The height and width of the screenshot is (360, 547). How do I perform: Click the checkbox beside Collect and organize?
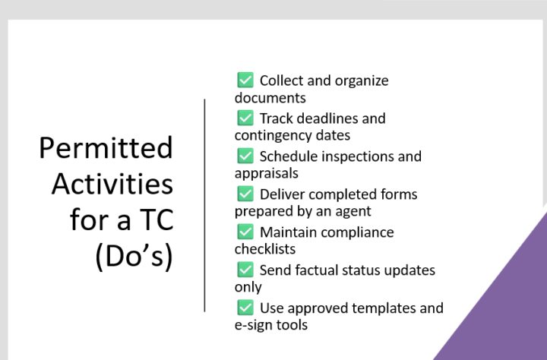(245, 80)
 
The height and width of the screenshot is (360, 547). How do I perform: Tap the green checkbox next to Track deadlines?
(245, 118)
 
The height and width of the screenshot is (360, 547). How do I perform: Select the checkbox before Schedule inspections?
(245, 156)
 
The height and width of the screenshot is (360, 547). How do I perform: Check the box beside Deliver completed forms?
(245, 194)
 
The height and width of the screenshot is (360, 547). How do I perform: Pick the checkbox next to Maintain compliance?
(245, 232)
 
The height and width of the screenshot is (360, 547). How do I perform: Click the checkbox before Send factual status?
(245, 270)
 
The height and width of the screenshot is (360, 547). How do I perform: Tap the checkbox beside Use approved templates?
(245, 308)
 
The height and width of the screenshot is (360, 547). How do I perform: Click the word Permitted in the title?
(106, 148)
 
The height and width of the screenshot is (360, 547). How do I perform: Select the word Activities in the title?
(112, 184)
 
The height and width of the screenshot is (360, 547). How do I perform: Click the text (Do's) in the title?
(134, 257)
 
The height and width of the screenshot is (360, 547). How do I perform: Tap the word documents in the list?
(270, 98)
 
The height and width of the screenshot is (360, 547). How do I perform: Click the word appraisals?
(266, 174)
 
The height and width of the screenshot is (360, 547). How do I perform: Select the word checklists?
(265, 249)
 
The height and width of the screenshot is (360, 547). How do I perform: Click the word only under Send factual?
(248, 287)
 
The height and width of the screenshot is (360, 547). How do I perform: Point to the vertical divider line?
(205, 206)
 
